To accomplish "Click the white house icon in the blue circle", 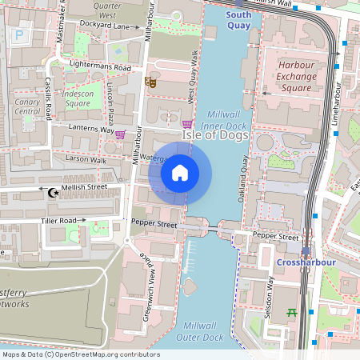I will pos(180,172).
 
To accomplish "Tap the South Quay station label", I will pos(238,20).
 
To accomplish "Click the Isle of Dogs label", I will pos(217,137).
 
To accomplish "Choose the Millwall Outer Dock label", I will pos(204,331).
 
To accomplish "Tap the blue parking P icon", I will pos(18,34).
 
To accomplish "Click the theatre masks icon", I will pos(150,81).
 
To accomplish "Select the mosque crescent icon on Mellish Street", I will pos(54,192).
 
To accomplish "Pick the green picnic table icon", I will pos(292,313).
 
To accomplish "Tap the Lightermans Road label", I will pos(100,68).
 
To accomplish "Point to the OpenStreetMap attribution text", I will pos(81,354).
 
